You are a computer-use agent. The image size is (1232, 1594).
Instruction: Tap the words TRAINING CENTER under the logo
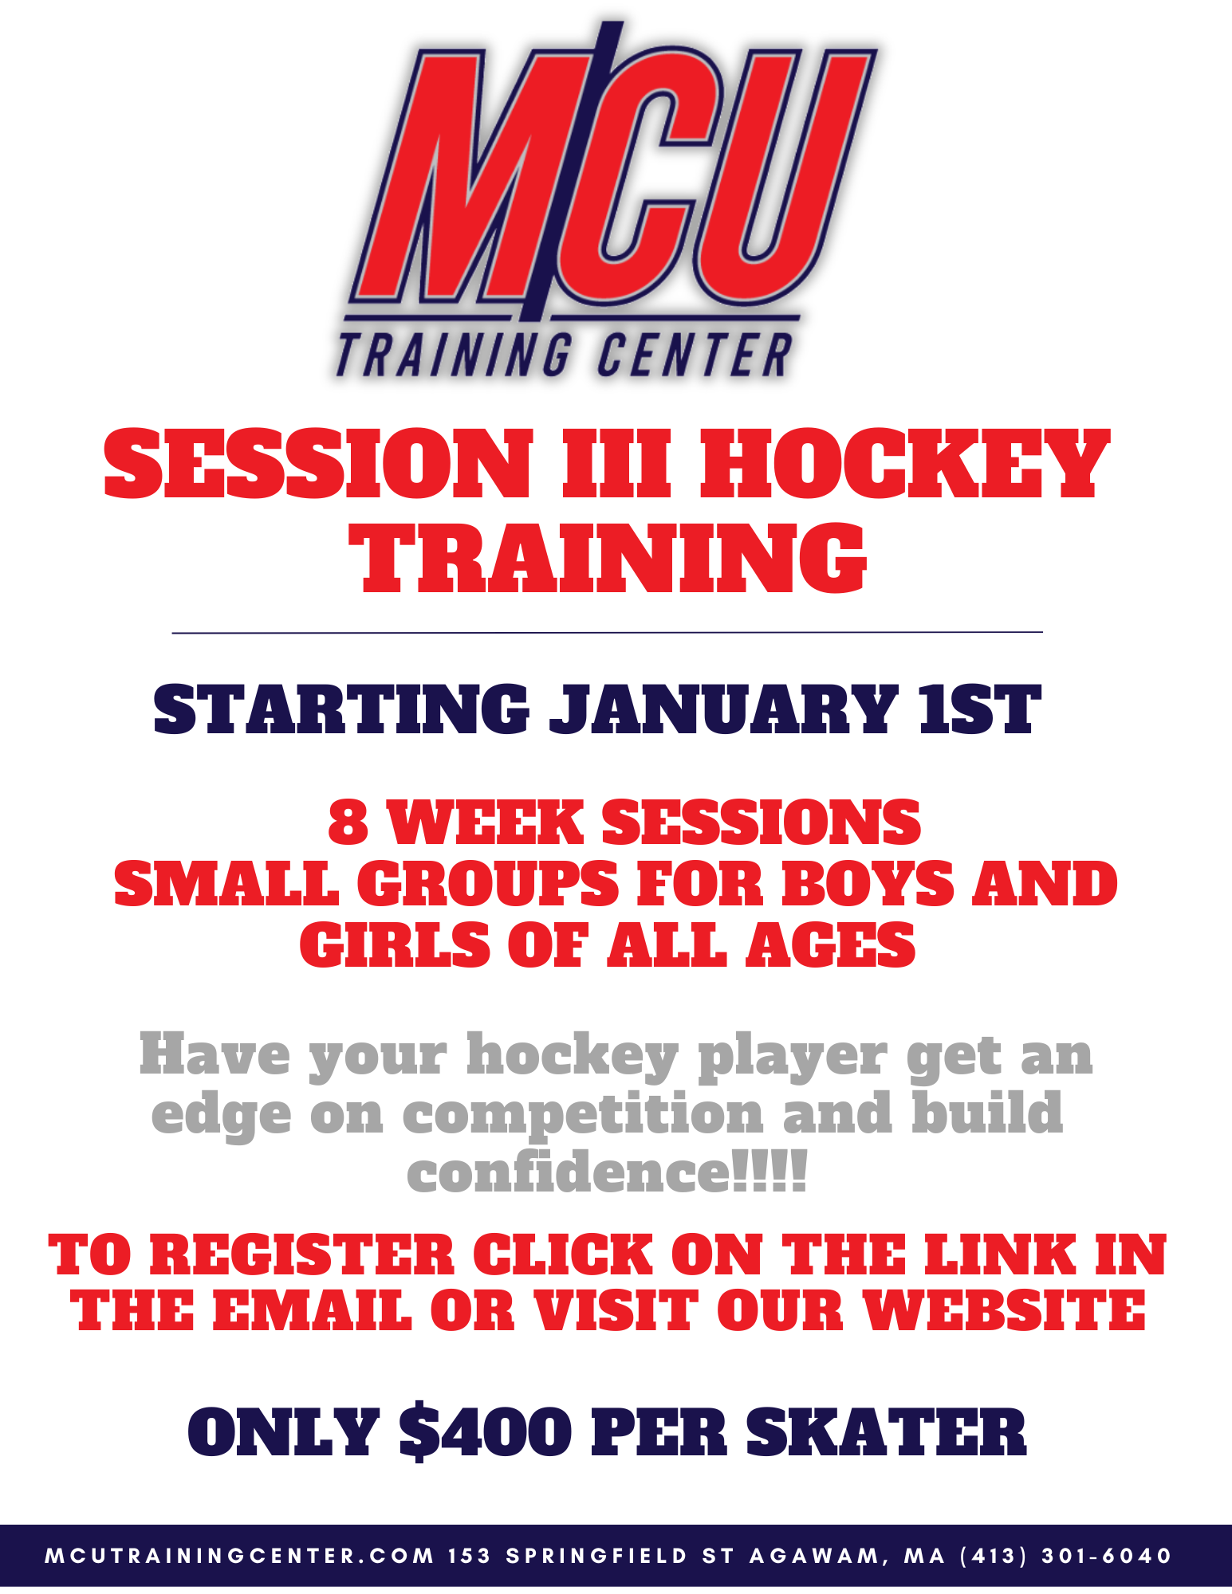565,355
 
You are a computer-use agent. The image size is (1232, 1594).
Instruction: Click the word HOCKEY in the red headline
904,465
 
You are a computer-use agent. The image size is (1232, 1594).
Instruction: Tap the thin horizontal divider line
608,633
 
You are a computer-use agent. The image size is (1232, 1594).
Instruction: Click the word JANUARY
723,709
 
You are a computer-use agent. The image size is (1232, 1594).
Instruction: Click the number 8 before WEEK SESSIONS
348,823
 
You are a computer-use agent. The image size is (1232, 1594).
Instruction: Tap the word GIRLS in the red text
395,945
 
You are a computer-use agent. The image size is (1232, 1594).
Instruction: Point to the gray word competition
583,1113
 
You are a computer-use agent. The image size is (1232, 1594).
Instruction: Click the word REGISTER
302,1254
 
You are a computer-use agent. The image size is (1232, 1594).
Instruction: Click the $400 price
485,1432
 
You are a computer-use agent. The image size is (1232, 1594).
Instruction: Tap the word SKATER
886,1432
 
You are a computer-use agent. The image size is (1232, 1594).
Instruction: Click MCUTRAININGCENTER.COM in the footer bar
240,1556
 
